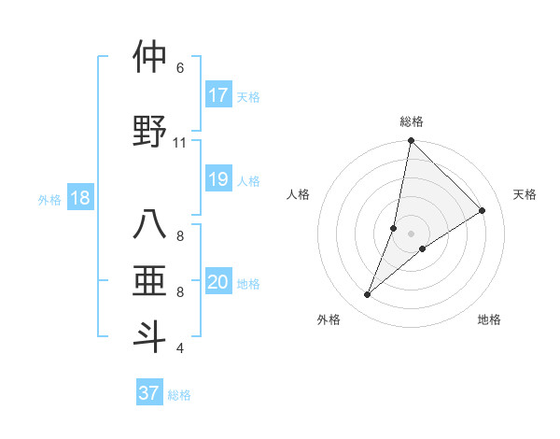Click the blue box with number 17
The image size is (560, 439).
(x=218, y=95)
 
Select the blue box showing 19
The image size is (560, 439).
(x=218, y=179)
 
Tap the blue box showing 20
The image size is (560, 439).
(x=218, y=282)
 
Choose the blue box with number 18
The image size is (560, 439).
(x=79, y=198)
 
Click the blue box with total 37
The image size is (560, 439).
(x=148, y=393)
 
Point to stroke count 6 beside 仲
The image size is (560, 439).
(x=180, y=67)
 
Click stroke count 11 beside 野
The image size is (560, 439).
(x=180, y=142)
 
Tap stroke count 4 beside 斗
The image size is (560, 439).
(x=180, y=348)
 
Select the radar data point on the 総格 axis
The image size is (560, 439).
(x=411, y=141)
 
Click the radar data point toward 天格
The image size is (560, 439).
(x=483, y=211)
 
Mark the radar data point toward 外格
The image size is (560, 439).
(x=368, y=295)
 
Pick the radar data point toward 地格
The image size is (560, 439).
(x=423, y=248)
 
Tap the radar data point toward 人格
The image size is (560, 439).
(x=394, y=228)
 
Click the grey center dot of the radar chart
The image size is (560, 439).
(x=411, y=234)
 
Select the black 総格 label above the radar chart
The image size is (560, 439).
(x=411, y=121)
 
